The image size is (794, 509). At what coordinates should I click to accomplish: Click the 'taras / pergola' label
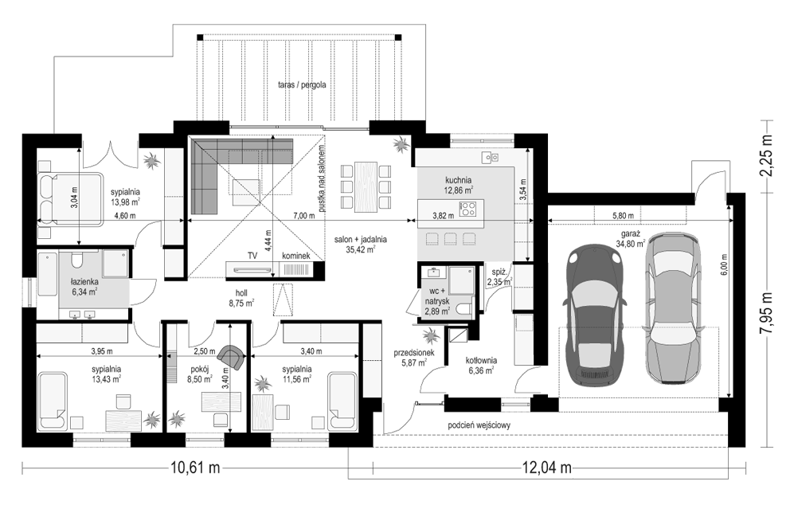302,85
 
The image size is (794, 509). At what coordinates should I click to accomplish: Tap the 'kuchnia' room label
458,180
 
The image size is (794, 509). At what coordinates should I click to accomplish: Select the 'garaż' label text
628,234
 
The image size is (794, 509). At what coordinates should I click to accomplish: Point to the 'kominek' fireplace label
295,256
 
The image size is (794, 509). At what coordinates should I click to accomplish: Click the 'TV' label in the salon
252,256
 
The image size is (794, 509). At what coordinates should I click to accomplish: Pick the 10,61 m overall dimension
195,468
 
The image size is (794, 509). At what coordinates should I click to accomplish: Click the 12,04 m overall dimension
547,468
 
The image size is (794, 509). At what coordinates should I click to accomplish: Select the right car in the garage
673,307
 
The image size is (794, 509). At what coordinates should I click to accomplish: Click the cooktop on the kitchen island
467,208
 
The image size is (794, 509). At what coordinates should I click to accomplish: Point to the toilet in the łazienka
77,260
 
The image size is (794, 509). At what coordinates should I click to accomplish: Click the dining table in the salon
366,186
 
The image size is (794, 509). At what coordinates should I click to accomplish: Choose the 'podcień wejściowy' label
479,425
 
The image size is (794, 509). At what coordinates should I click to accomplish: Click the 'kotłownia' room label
481,361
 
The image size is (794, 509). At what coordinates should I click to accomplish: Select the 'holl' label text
241,293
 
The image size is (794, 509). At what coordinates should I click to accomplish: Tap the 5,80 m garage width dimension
622,216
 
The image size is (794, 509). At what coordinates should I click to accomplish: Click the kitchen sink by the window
490,158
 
